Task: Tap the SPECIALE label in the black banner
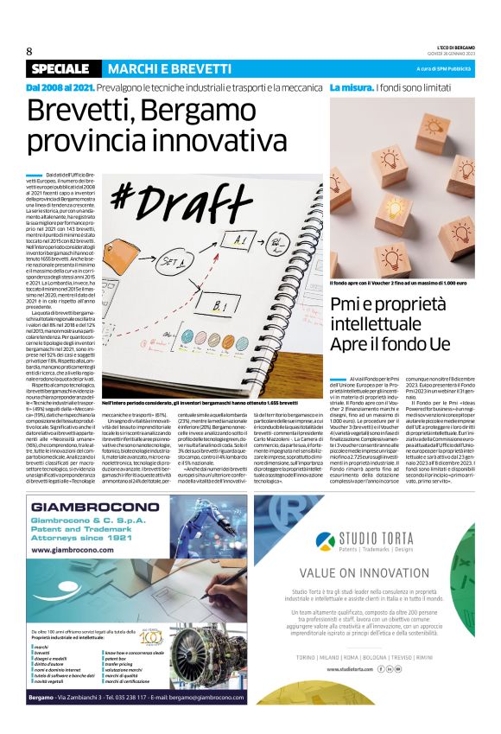[62, 68]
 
